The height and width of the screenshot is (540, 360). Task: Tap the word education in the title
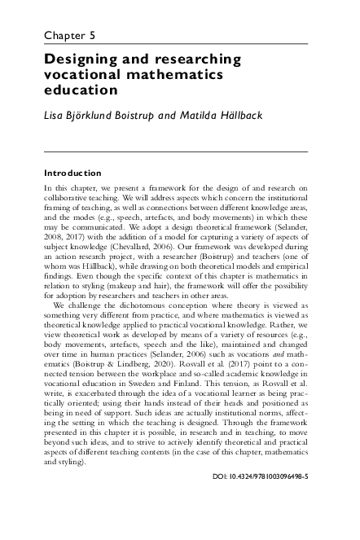coord(81,90)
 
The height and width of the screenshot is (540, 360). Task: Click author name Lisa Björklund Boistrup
coord(100,114)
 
